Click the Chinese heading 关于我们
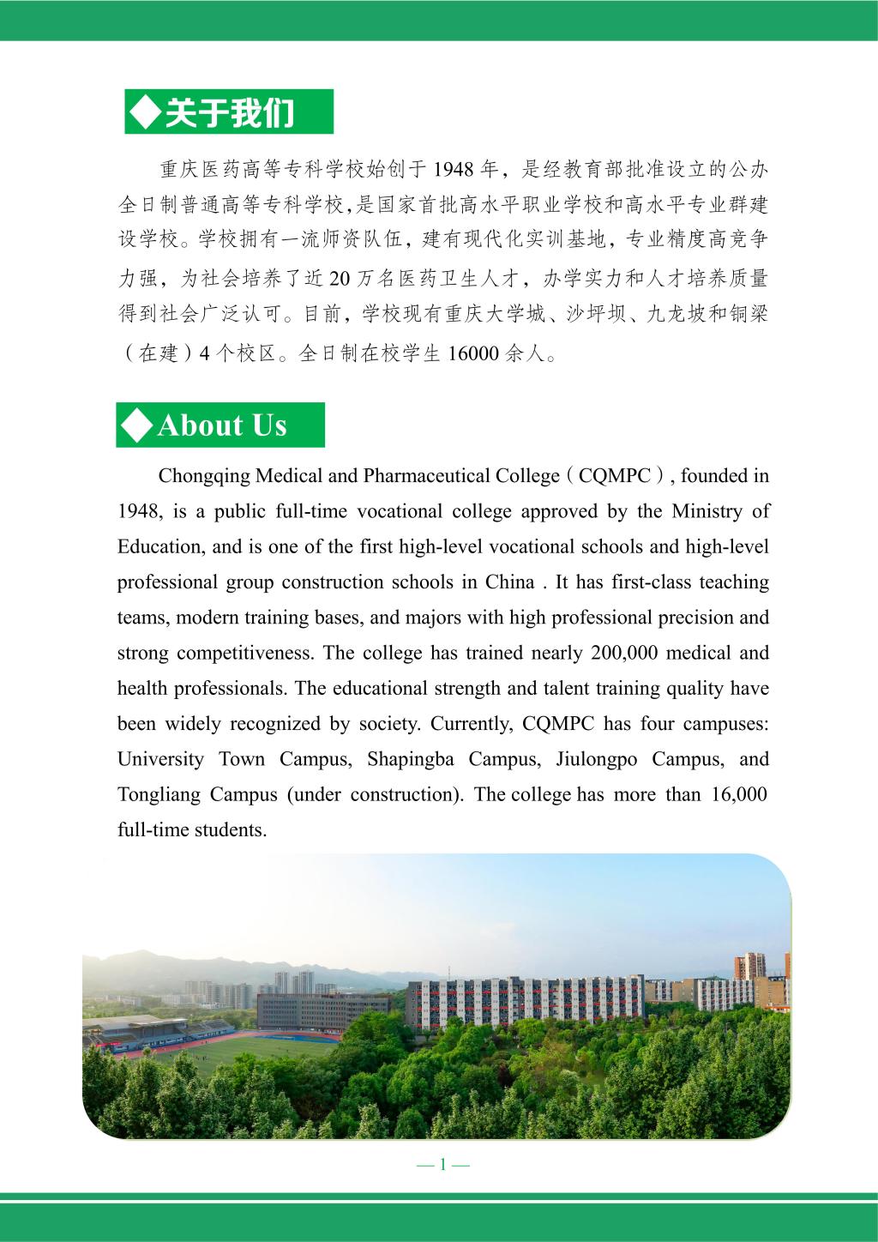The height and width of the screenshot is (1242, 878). click(229, 112)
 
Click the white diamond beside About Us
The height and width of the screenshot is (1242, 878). click(137, 425)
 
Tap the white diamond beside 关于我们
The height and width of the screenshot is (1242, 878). click(144, 112)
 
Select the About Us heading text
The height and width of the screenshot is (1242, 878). click(222, 425)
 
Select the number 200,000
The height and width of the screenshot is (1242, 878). click(624, 653)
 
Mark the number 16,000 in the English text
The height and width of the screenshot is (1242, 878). click(739, 794)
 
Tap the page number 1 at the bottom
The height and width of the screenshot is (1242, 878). click(442, 1164)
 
